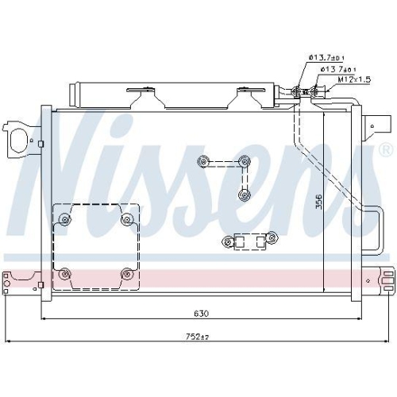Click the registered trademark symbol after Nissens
pos(386,149)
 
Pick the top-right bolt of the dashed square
pos(125,218)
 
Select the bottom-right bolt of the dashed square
pos(125,274)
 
